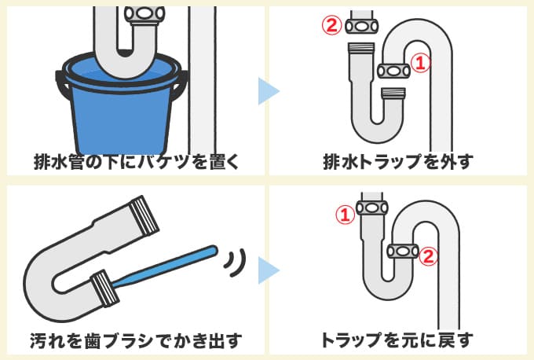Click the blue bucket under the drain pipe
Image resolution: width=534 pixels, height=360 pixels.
[x=122, y=110]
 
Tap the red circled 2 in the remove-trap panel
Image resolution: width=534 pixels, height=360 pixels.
[x=331, y=25]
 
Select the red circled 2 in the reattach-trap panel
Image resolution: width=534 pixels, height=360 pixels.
[x=426, y=255]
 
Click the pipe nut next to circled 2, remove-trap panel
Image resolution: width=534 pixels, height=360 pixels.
[x=361, y=25]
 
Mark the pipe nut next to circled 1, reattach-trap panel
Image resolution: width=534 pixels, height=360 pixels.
[x=372, y=208]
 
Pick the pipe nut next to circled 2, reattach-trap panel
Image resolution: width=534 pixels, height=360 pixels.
[x=403, y=252]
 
